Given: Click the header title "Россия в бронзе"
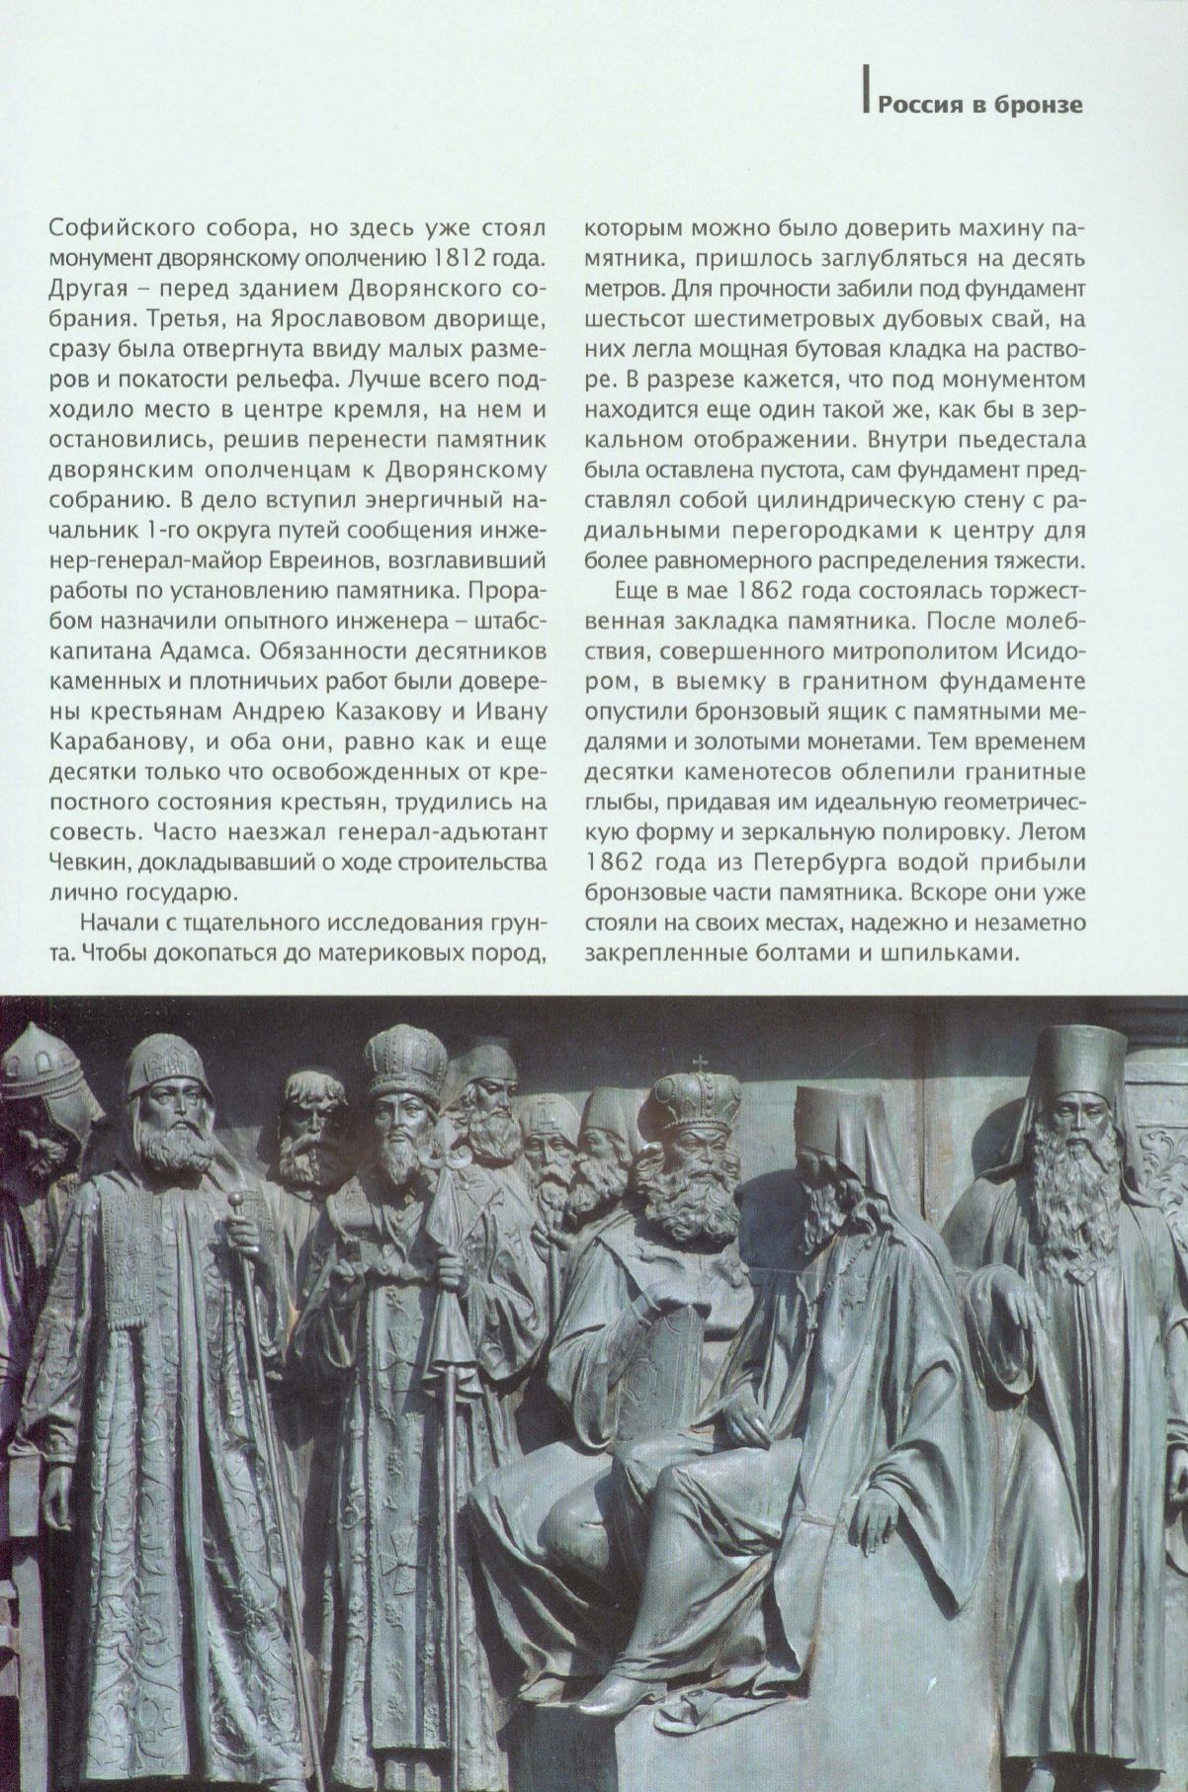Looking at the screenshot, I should click(x=980, y=105).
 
